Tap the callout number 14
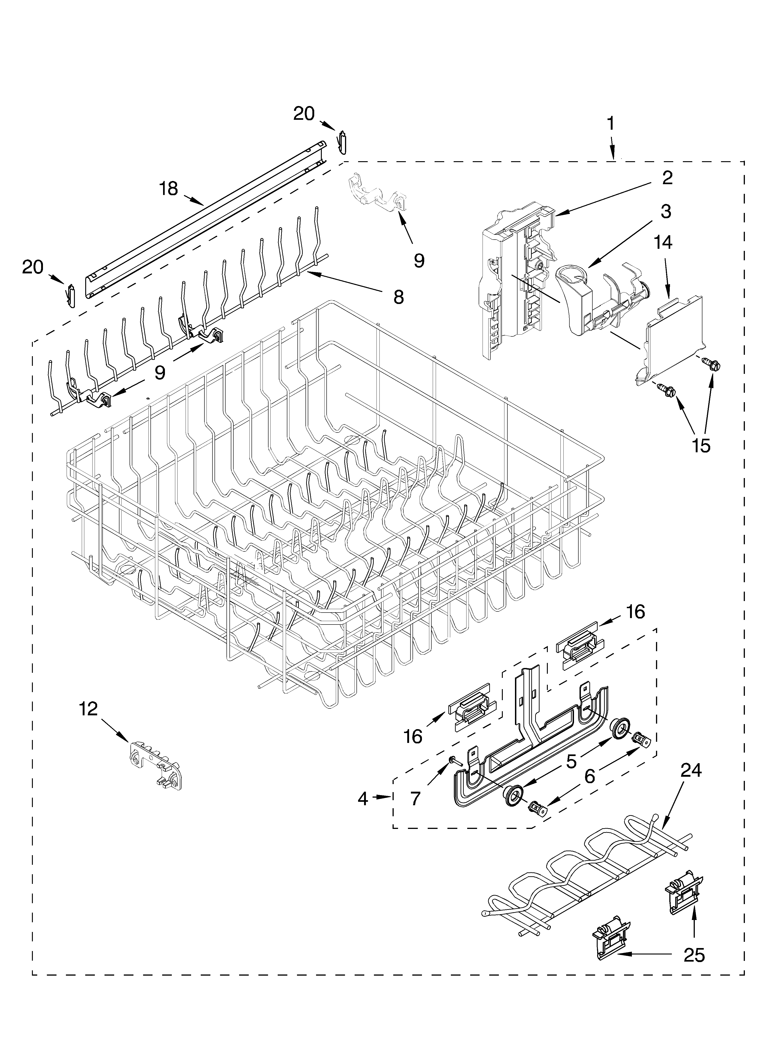click(664, 243)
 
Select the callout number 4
click(363, 799)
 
